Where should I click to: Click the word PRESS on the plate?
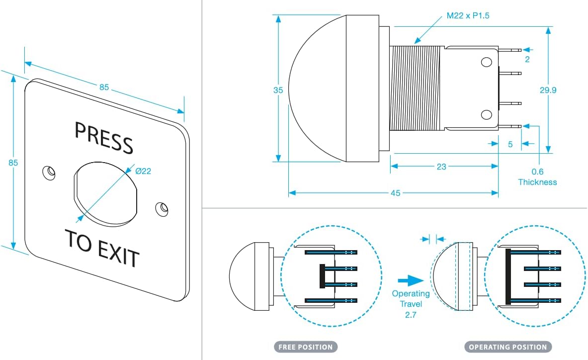[x=104, y=137]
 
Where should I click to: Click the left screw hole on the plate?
[x=49, y=172]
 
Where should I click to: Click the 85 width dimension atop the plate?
[x=104, y=87]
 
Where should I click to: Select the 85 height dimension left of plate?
[x=13, y=163]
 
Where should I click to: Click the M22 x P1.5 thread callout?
[x=468, y=15]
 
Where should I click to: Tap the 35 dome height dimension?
[x=278, y=90]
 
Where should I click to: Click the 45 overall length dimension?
[x=395, y=193]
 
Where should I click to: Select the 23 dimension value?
[x=441, y=167]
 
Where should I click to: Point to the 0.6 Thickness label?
[x=537, y=177]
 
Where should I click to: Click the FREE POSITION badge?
[x=306, y=347]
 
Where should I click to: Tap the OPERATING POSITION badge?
[x=507, y=347]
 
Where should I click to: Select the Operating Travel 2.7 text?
[x=411, y=304]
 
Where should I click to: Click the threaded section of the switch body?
[x=417, y=89]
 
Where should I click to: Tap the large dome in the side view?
[x=318, y=89]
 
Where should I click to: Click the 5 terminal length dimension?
[x=510, y=145]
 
